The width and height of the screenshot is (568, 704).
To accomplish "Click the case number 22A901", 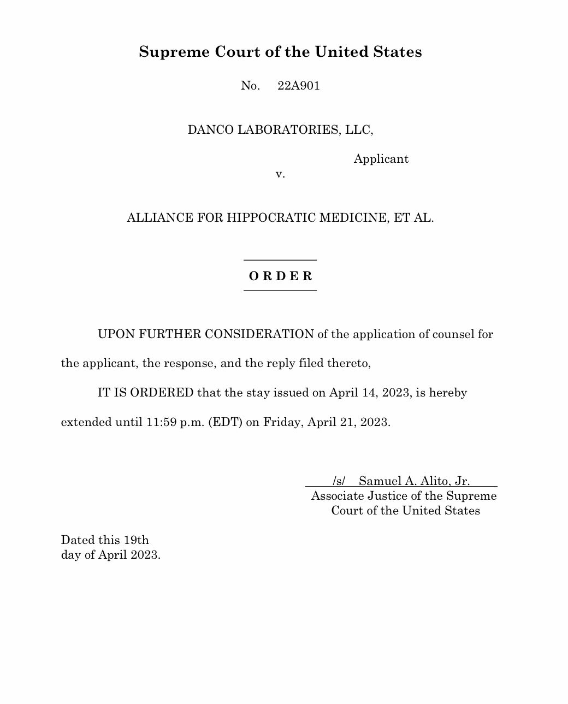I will (298, 86).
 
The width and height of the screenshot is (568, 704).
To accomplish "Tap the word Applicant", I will (381, 159).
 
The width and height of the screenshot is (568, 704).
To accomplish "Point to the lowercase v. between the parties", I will (280, 174).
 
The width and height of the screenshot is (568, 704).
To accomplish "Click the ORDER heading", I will (280, 276).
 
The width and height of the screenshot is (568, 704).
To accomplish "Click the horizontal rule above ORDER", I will (280, 260).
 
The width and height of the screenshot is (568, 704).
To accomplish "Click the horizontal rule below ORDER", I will (280, 291).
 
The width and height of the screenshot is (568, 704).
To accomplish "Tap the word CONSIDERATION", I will (259, 334).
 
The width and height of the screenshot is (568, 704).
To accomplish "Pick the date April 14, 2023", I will (370, 393).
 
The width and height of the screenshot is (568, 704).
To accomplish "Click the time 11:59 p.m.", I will (175, 423).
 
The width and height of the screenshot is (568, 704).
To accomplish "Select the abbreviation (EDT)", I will (225, 423).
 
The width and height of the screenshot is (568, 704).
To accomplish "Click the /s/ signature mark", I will (339, 481).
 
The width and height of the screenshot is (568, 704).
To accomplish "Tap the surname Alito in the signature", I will (432, 481).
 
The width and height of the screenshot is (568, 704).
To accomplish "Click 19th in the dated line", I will (136, 540).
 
